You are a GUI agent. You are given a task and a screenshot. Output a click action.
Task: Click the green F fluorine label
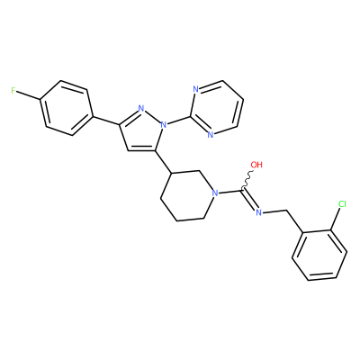pos(13,91)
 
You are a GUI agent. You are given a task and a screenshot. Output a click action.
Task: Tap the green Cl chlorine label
pos(342,204)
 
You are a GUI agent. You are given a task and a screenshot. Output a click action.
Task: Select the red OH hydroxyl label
pos(256,165)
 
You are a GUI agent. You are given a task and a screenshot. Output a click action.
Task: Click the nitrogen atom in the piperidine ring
pos(214,193)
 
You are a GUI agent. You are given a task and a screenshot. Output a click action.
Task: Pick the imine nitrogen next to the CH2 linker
pos(259,212)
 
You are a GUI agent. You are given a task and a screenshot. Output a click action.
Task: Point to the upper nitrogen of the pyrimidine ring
pos(195,89)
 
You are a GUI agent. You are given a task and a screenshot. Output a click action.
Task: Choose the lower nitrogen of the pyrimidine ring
pos(211,135)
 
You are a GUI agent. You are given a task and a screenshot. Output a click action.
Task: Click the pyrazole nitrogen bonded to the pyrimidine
pos(164,124)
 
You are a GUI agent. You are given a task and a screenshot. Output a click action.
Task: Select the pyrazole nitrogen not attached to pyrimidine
pos(142,108)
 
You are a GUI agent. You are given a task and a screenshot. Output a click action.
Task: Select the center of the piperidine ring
pos(187,196)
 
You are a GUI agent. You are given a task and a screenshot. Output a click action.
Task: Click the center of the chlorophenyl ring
pos(319,256)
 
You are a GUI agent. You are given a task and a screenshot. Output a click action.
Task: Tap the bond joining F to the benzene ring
pos(29,94)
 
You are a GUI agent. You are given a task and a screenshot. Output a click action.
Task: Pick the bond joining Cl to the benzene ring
pos(336,220)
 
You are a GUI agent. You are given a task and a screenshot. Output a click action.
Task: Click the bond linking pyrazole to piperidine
pos(164,162)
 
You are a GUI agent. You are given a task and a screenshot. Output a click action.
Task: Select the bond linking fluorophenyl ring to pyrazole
pos(106,120)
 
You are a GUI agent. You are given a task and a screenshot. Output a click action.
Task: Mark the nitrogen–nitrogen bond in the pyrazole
pos(153,116)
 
